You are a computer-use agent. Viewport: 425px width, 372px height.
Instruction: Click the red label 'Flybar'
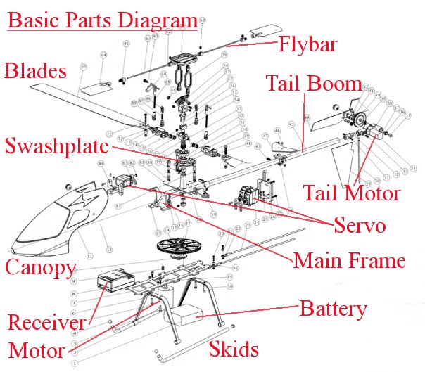(307, 45)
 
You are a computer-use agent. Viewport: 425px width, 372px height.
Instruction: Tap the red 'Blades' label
(36, 71)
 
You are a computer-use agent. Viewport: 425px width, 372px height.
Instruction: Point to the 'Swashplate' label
(56, 147)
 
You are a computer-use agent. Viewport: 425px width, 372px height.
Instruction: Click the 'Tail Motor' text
(351, 192)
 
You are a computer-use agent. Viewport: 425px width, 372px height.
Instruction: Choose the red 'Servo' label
(360, 226)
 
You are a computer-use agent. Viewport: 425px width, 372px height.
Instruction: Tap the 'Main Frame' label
(349, 261)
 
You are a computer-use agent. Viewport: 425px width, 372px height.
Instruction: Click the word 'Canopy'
(40, 267)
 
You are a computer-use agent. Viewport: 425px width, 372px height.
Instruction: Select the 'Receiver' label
(46, 323)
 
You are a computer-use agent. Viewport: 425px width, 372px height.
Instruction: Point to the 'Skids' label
(234, 349)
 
